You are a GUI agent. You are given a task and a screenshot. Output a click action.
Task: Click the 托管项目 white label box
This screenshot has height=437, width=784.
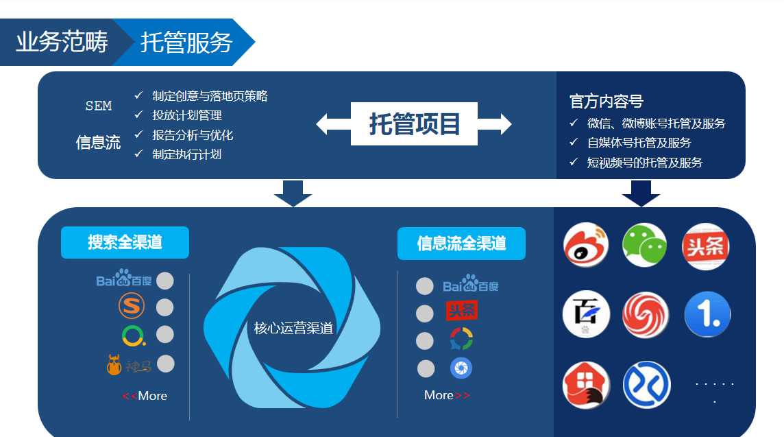414,123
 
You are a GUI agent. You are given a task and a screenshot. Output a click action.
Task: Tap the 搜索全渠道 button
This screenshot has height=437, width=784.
125,242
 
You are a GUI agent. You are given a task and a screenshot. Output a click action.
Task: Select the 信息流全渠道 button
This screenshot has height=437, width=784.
461,244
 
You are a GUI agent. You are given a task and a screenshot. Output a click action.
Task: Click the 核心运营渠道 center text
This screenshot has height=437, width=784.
293,329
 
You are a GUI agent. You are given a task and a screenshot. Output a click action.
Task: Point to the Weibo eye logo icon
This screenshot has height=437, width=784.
585,246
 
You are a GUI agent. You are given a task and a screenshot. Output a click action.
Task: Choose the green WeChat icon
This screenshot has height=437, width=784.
644,246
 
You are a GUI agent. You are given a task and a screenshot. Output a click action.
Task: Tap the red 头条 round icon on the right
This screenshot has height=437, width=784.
705,246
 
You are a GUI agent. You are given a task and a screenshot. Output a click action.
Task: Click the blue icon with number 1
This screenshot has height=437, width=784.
707,314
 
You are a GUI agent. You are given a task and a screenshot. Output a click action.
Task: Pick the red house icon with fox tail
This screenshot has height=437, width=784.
586,384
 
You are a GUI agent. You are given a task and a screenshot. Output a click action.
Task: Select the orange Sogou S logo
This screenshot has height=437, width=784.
132,306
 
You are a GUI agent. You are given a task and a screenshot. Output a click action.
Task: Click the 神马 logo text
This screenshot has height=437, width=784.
138,367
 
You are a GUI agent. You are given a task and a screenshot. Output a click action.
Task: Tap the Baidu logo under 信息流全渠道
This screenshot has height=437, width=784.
471,284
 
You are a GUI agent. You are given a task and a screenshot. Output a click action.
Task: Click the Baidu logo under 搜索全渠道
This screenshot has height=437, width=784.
123,279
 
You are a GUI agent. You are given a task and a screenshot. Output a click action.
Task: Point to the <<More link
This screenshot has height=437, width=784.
145,396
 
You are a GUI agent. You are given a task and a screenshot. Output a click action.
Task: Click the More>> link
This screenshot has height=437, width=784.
447,395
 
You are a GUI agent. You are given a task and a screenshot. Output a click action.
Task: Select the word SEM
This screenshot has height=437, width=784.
99,106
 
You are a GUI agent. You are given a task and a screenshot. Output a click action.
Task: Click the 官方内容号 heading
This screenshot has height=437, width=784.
606,102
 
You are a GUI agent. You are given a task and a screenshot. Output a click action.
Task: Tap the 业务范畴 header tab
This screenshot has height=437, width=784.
62,42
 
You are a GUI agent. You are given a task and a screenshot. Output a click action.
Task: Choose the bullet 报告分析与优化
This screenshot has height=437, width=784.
193,135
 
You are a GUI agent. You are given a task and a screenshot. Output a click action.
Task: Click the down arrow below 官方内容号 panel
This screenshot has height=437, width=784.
641,193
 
